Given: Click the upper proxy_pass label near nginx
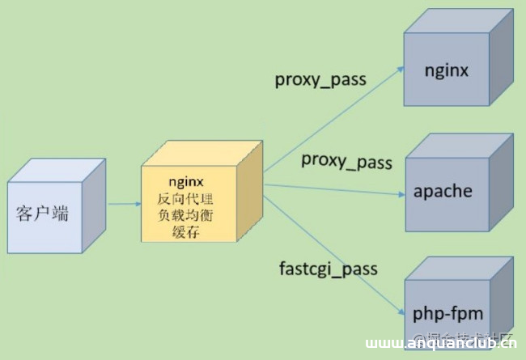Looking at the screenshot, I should tap(320, 80).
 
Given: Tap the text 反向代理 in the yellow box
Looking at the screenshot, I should tap(190, 199).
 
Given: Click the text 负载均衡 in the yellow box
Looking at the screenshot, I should tap(190, 216).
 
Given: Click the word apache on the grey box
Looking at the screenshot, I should tap(443, 192).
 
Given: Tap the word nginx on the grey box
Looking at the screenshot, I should tap(446, 70).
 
